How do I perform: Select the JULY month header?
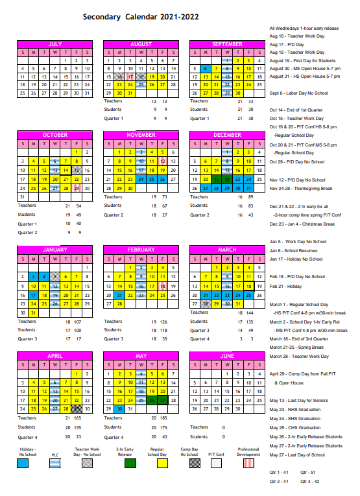click(55, 44)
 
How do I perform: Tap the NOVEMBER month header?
click(141, 135)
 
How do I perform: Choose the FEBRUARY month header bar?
click(141, 250)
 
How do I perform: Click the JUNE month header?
click(227, 356)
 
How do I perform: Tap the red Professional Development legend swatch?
click(248, 463)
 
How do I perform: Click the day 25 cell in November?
click(152, 179)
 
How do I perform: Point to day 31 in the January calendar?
click(33, 313)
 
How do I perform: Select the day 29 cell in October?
click(77, 188)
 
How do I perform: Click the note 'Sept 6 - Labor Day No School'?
click(299, 93)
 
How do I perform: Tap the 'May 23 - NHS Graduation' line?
click(296, 410)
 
